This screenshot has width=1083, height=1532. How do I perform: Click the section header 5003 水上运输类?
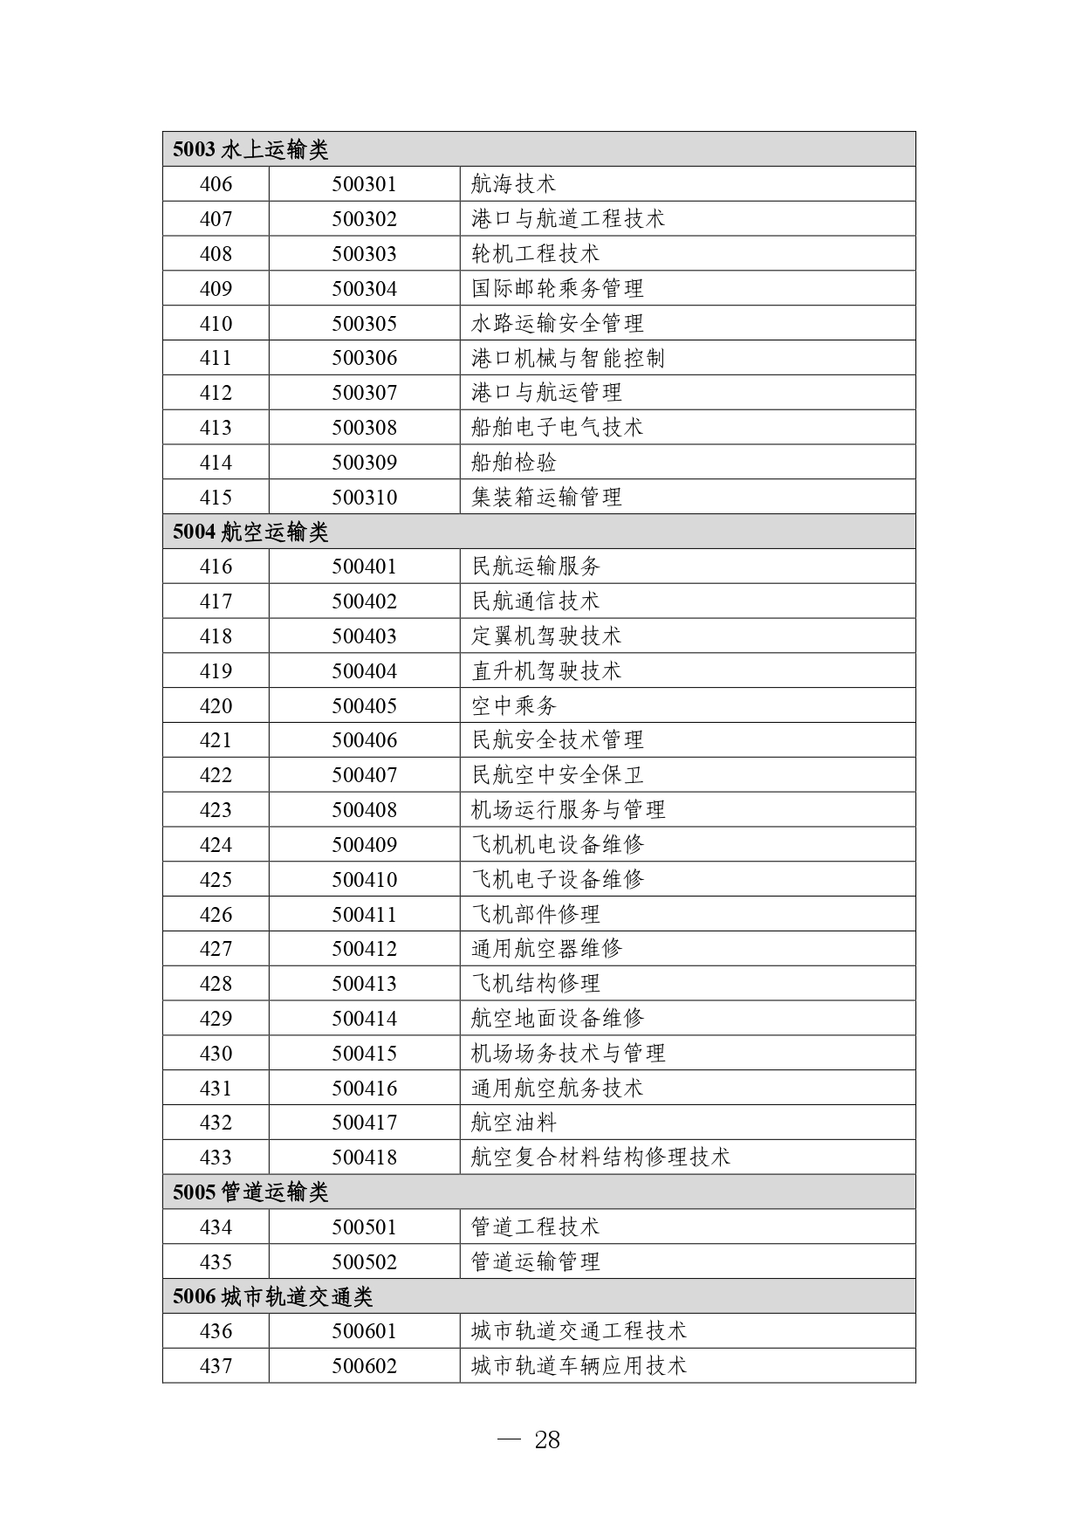(x=250, y=149)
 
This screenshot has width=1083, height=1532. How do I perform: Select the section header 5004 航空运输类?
(x=250, y=532)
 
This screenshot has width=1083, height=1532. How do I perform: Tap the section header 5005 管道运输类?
(x=250, y=1192)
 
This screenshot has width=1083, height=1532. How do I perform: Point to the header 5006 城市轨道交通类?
(x=272, y=1296)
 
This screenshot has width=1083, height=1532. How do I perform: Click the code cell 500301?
(x=364, y=184)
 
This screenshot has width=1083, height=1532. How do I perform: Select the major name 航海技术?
(x=513, y=184)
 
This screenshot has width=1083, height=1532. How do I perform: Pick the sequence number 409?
(x=216, y=289)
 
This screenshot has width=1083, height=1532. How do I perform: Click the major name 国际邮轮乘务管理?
(x=557, y=289)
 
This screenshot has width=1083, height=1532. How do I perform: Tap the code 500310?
(x=364, y=498)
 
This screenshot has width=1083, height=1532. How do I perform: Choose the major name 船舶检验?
(x=513, y=463)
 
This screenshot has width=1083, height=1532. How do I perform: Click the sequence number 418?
(x=216, y=636)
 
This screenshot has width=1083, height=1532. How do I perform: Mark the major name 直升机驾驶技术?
(x=545, y=671)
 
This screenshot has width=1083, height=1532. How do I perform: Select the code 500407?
(x=364, y=775)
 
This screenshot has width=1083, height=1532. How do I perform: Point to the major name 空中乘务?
(x=513, y=705)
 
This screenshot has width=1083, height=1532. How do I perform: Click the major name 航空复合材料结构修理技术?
(x=600, y=1158)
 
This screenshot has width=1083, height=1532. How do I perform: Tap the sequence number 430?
(x=216, y=1054)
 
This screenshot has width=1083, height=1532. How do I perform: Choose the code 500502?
(x=364, y=1262)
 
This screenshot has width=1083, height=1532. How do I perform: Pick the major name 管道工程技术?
(x=535, y=1227)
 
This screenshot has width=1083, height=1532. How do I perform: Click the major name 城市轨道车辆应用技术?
(x=579, y=1366)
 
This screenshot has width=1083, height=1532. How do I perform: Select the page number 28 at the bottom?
(x=546, y=1440)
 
